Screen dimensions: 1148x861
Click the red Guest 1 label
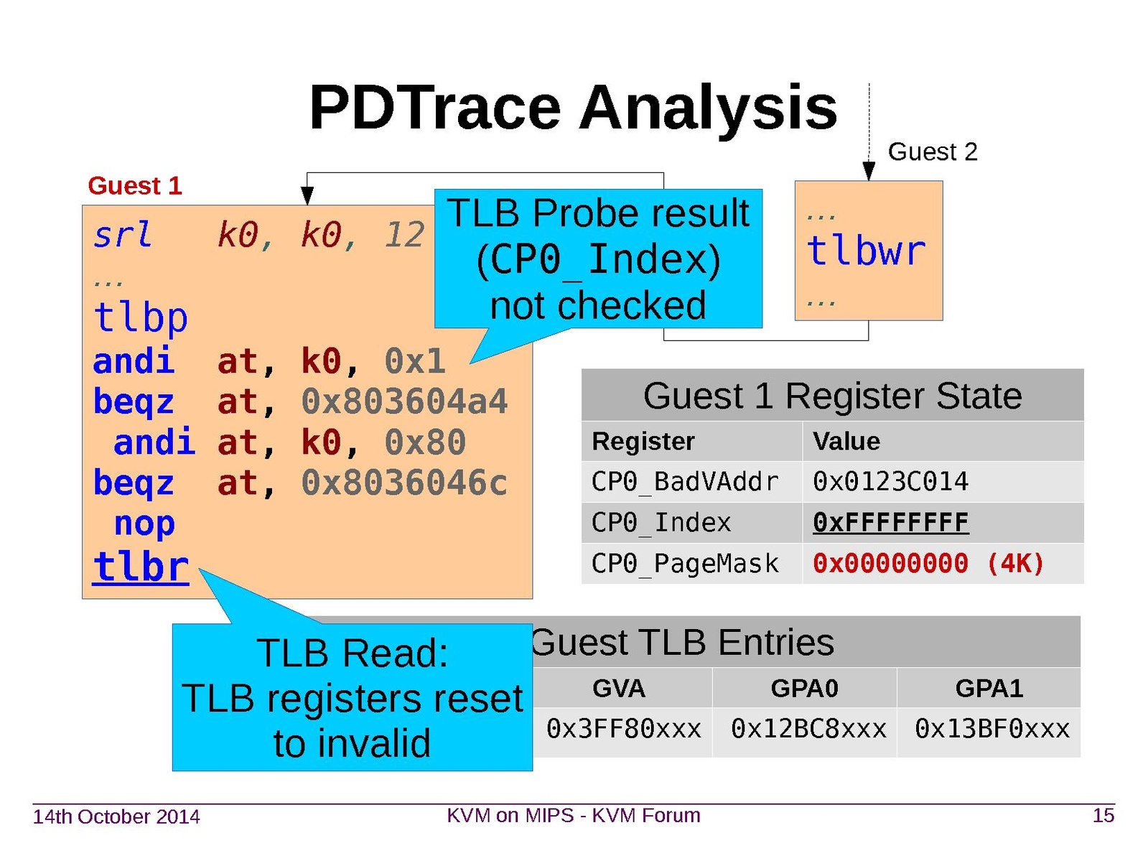[x=134, y=186]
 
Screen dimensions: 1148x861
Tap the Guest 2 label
[x=932, y=152]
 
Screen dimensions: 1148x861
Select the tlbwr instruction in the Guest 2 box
[x=866, y=251]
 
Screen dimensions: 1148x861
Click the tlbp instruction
[x=140, y=317]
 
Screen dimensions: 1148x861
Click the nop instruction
[x=144, y=523]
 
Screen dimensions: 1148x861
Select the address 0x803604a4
[x=404, y=401]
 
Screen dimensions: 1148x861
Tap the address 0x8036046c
[x=404, y=483]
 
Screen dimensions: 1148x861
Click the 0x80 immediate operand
[x=425, y=442]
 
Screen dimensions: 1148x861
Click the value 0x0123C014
[x=890, y=482]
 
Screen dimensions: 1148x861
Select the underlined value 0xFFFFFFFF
[x=891, y=523]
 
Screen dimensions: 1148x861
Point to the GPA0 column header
[x=804, y=689]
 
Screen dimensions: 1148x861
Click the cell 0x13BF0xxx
[x=991, y=729]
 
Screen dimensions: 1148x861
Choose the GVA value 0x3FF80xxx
[x=623, y=729]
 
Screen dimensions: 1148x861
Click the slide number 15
[x=1103, y=816]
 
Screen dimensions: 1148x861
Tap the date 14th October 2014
[x=116, y=816]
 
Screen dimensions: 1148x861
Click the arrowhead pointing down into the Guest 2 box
[x=868, y=171]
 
